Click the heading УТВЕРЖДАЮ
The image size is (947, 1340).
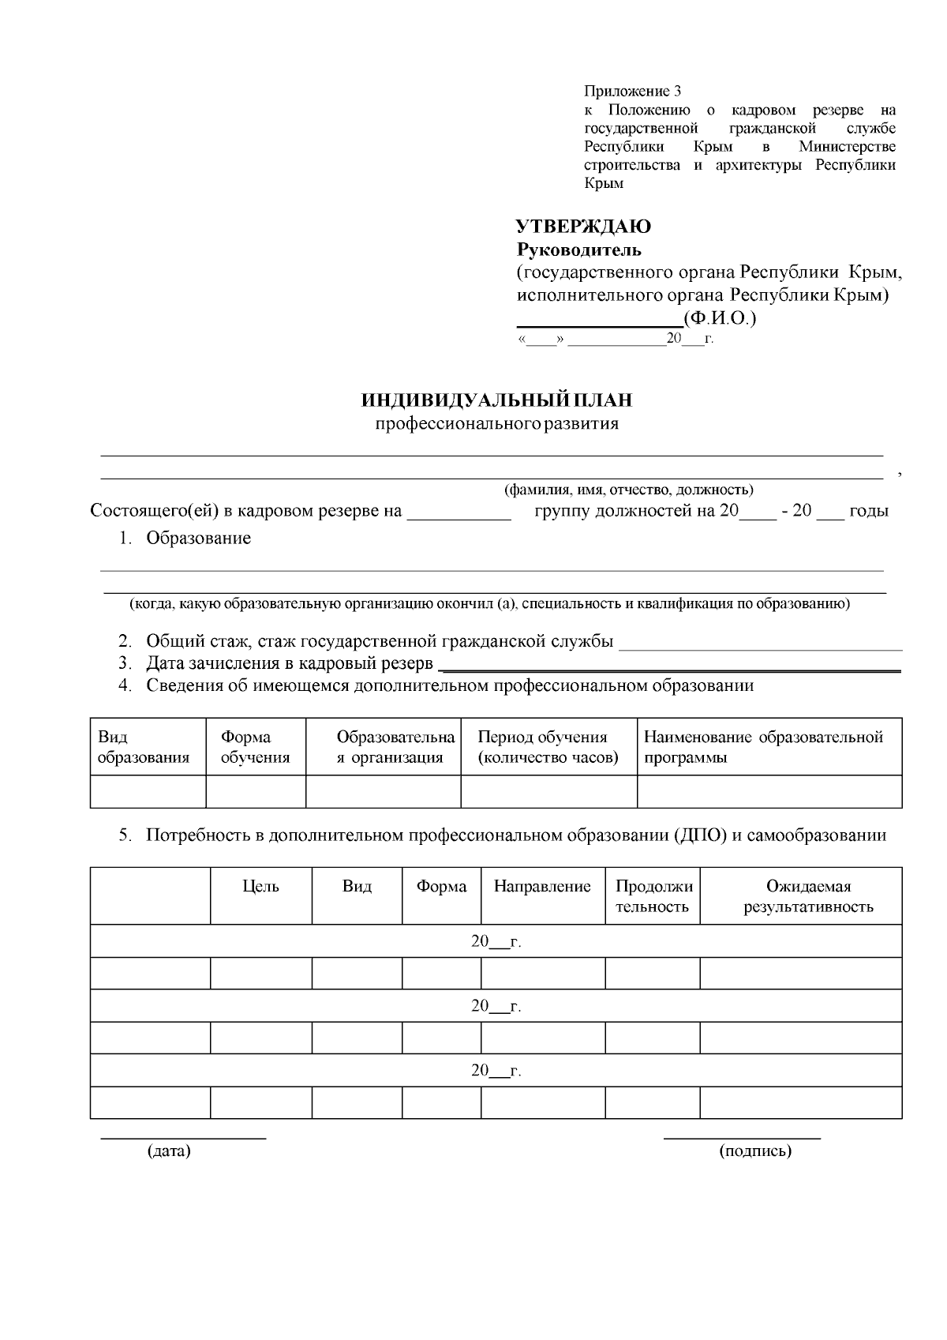pos(583,227)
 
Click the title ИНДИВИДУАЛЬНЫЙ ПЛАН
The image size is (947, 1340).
pos(496,400)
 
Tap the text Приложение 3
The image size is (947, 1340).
pos(632,91)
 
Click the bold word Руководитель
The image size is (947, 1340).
pos(578,250)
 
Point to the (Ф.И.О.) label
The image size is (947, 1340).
pos(720,318)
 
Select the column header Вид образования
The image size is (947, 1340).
pos(143,747)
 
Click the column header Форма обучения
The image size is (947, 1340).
pos(255,747)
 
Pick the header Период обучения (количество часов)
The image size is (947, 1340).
pos(548,747)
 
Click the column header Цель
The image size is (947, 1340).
pos(260,886)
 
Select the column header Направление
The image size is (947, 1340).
pos(542,886)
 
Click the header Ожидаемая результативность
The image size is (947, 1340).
pos(808,896)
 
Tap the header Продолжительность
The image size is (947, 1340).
pos(653,896)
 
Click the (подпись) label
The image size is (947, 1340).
pos(755,1150)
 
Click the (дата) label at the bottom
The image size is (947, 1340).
pos(169,1150)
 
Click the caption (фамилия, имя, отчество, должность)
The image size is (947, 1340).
pos(628,490)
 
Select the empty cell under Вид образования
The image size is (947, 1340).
pos(148,790)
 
